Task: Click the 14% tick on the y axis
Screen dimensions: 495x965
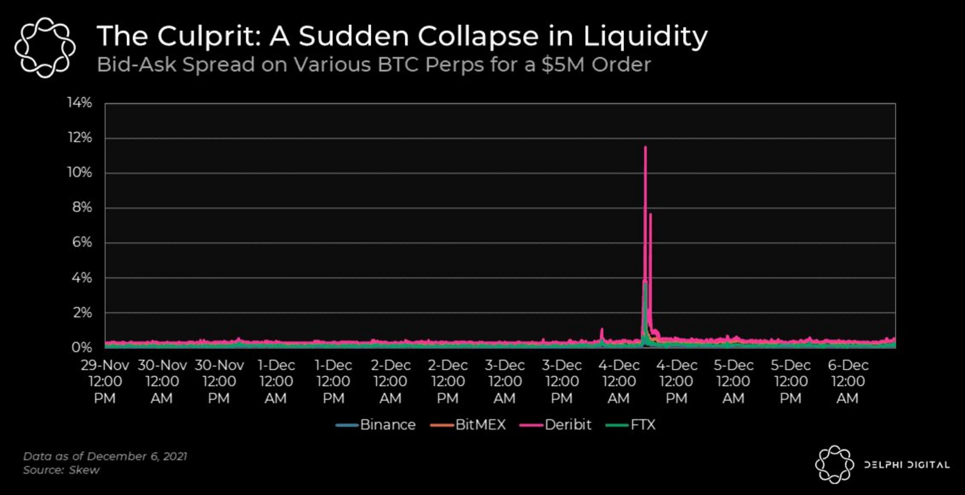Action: (79, 103)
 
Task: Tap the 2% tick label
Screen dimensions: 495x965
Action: (82, 313)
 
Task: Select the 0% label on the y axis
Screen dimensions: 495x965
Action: (82, 348)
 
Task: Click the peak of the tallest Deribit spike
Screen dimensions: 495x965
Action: (645, 147)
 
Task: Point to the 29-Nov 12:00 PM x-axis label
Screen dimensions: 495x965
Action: (105, 381)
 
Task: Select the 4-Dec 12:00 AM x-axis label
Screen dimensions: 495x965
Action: (619, 381)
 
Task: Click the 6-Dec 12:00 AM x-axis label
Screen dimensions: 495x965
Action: (848, 381)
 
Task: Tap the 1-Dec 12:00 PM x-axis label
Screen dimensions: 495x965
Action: (333, 381)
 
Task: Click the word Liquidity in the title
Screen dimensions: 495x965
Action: (645, 36)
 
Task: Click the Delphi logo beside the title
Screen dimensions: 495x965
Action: (45, 47)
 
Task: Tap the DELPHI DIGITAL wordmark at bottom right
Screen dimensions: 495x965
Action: (907, 465)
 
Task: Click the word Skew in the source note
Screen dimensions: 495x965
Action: (84, 470)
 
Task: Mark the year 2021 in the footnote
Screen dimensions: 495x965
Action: (175, 456)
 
